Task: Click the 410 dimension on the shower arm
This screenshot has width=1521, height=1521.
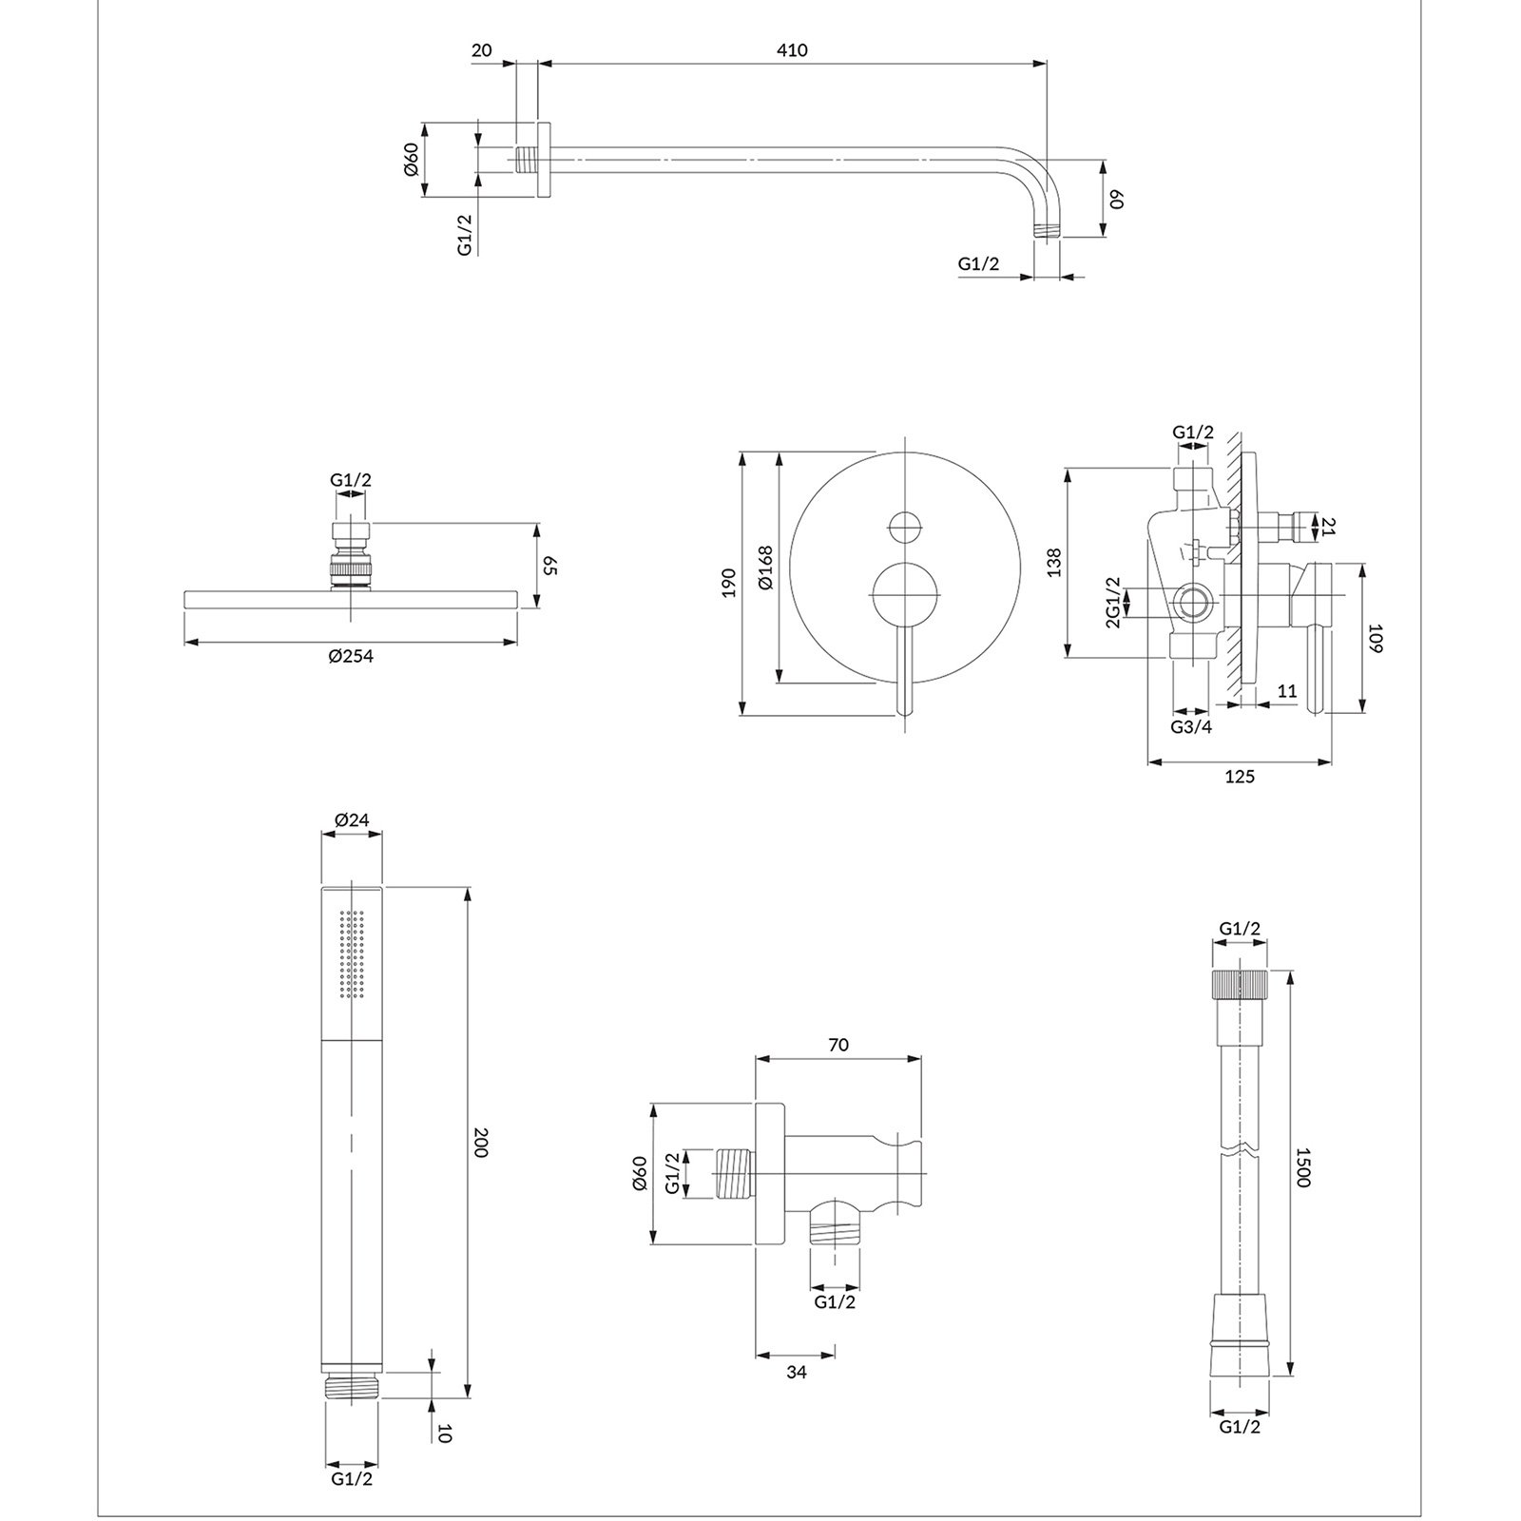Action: (791, 50)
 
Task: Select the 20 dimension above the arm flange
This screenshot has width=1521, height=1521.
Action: (482, 50)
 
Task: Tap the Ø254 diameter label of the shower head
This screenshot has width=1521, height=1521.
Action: (351, 657)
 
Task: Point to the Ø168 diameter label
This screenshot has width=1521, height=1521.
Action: (766, 568)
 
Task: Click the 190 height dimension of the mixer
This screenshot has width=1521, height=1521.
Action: (728, 582)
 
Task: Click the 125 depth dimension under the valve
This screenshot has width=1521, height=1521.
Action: (1240, 777)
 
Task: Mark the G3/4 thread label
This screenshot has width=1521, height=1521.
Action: (1191, 727)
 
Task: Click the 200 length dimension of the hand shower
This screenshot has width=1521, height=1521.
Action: (480, 1144)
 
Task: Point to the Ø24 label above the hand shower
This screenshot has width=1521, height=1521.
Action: (352, 820)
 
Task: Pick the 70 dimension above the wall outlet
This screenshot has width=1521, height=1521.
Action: (838, 1046)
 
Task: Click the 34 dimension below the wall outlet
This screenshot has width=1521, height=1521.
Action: (797, 1372)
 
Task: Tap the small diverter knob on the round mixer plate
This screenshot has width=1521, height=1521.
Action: (906, 527)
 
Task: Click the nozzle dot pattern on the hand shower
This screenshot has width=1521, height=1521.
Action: (352, 953)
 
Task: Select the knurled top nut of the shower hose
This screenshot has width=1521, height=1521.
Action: (1240, 983)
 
